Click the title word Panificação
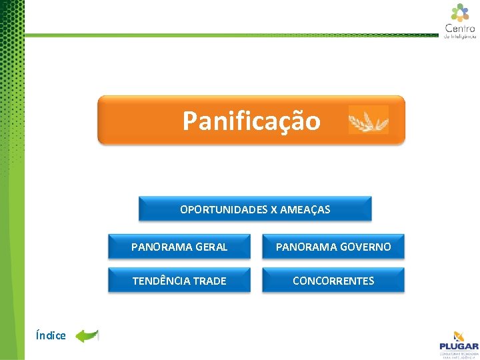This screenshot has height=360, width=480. tap(251, 121)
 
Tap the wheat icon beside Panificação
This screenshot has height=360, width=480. tap(368, 120)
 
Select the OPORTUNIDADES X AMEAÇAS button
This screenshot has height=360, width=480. tap(255, 209)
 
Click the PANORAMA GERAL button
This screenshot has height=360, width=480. tap(179, 247)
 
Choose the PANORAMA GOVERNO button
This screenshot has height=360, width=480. tap(333, 247)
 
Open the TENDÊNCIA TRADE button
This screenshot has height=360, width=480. tap(179, 281)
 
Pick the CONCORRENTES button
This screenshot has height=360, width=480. tap(333, 281)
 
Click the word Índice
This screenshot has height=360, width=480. tap(51, 335)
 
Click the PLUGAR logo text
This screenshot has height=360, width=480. tap(459, 346)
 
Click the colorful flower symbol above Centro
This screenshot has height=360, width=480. tap(460, 12)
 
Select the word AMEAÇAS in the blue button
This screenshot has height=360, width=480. tap(305, 209)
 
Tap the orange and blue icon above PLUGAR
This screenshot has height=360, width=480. tap(459, 335)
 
